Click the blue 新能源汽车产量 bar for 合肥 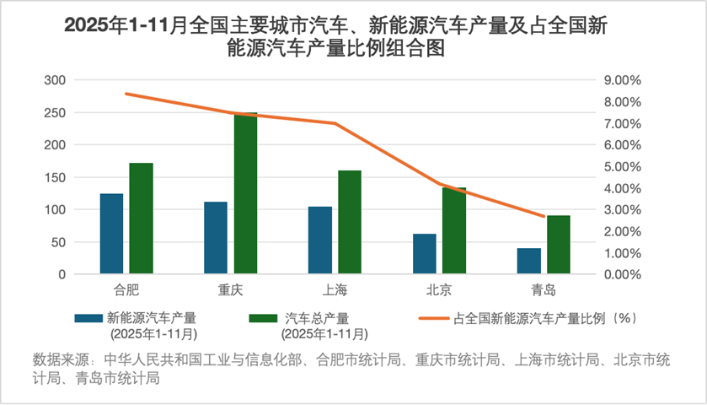[x=111, y=234]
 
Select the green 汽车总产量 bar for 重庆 [x=245, y=193]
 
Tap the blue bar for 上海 [x=320, y=240]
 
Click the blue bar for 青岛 [x=528, y=261]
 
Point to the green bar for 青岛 [x=558, y=245]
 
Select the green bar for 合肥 [x=141, y=219]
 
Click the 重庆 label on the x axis [x=230, y=290]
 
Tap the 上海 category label [x=335, y=290]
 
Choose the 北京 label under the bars [x=439, y=290]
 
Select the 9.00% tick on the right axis [x=624, y=80]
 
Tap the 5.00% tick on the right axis [x=624, y=166]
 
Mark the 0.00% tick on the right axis [x=624, y=274]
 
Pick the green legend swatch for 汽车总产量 [x=264, y=319]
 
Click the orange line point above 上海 [x=335, y=123]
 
